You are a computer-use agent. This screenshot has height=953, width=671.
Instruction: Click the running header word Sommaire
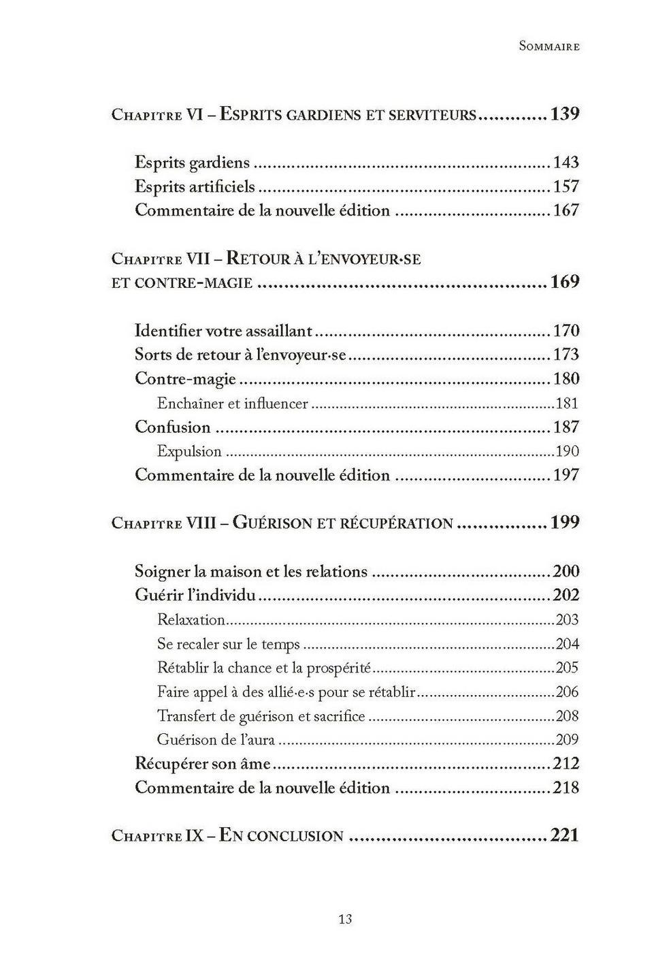point(549,46)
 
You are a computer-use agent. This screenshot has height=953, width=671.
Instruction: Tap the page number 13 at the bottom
point(345,919)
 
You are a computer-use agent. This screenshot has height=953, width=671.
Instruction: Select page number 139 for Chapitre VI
point(564,114)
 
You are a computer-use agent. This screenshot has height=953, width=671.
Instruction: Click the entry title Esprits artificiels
point(195,187)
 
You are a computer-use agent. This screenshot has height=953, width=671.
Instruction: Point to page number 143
point(566,163)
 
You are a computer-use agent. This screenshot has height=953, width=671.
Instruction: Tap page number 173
point(566,355)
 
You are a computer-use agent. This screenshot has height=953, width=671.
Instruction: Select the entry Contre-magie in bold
point(185,379)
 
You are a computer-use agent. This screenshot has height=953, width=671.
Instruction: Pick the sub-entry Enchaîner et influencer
point(232,404)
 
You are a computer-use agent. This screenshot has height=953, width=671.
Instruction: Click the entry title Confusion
point(173,427)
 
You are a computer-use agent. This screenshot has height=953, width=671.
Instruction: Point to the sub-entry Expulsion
point(189,451)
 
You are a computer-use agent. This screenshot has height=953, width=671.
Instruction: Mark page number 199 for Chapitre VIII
point(564,523)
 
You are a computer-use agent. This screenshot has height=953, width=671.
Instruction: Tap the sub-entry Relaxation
point(191,620)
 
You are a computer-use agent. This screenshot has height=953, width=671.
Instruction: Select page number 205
point(567,668)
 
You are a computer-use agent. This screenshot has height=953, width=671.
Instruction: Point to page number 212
point(566,764)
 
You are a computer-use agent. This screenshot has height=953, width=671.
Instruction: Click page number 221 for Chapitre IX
point(564,835)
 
